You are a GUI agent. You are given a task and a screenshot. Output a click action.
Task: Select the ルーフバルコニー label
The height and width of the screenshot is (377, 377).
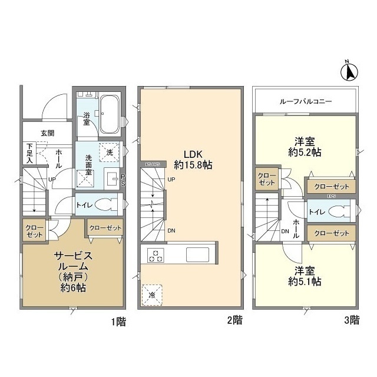(x=305, y=101)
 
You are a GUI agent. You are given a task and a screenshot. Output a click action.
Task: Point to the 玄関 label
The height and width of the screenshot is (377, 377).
(x=48, y=133)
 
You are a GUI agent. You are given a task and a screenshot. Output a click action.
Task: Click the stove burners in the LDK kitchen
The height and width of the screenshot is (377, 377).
(x=156, y=256)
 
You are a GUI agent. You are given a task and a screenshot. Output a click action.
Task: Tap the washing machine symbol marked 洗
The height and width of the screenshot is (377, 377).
(x=108, y=152)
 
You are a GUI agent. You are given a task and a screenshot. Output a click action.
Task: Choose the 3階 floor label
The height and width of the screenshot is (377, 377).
(x=352, y=321)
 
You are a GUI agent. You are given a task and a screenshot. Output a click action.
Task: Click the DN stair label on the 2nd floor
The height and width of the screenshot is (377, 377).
(x=171, y=230)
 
